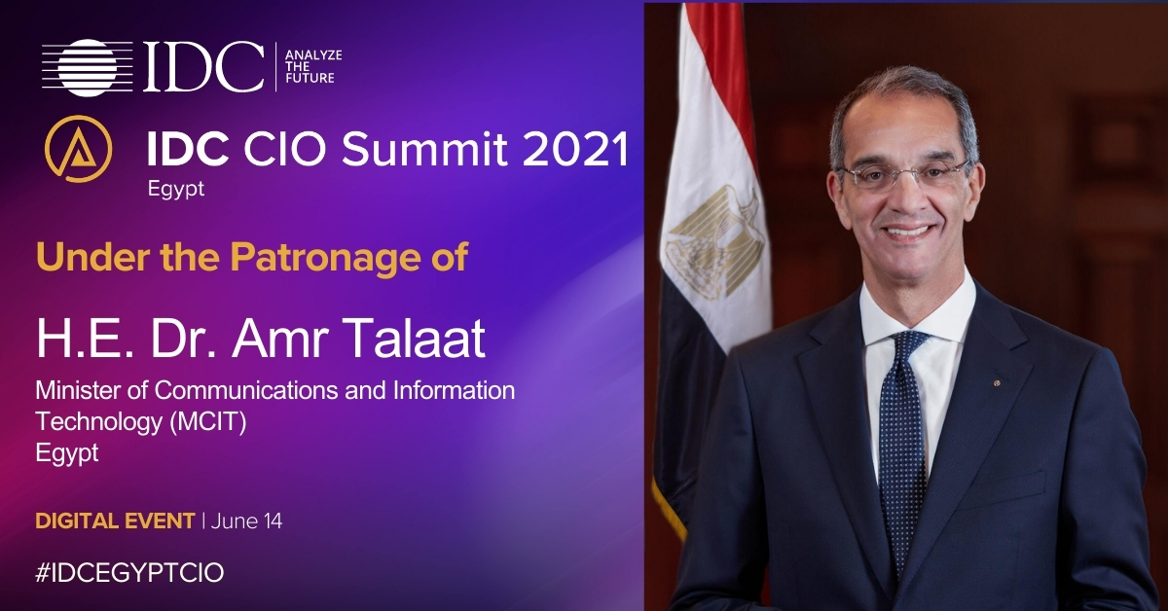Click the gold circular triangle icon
click(x=78, y=149)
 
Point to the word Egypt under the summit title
click(x=176, y=190)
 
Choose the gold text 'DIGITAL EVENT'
click(x=115, y=521)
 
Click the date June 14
click(x=247, y=521)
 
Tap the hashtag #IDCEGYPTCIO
click(x=129, y=573)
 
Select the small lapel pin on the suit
click(x=997, y=382)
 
